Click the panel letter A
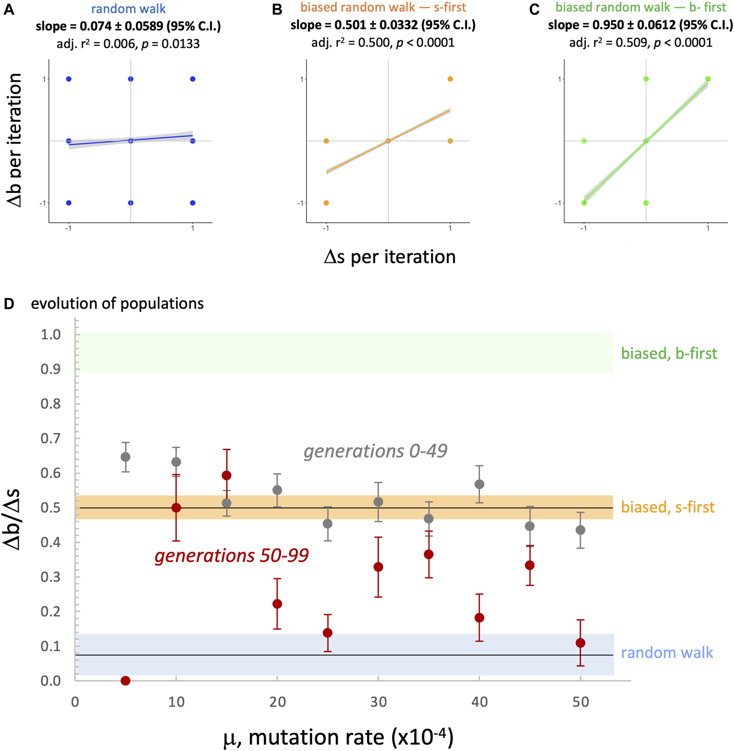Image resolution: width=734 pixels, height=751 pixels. coord(9,10)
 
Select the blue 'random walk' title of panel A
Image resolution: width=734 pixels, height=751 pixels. coord(128,9)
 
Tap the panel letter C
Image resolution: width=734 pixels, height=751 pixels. coord(534,10)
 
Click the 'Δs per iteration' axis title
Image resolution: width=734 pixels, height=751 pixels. coord(390,257)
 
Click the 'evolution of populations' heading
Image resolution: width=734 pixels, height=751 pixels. coord(117,304)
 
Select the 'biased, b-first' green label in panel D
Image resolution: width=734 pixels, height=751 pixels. coord(669,353)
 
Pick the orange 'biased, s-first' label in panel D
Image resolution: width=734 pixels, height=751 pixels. coord(668,507)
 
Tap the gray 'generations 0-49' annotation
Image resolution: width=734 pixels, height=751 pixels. coord(375,451)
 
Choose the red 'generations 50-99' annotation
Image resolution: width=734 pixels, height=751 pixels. coord(232,556)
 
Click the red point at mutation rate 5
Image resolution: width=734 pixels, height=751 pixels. coord(125,681)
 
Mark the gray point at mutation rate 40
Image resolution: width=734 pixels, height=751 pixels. coord(479,484)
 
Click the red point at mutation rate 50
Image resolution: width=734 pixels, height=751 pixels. coord(580,643)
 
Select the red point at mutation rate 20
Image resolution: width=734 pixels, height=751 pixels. coord(277,604)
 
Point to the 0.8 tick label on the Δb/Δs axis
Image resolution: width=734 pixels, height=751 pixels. coord(51,403)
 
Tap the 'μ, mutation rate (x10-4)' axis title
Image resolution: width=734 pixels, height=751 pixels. coord(338,737)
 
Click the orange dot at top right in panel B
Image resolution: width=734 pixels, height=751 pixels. coord(450,79)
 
